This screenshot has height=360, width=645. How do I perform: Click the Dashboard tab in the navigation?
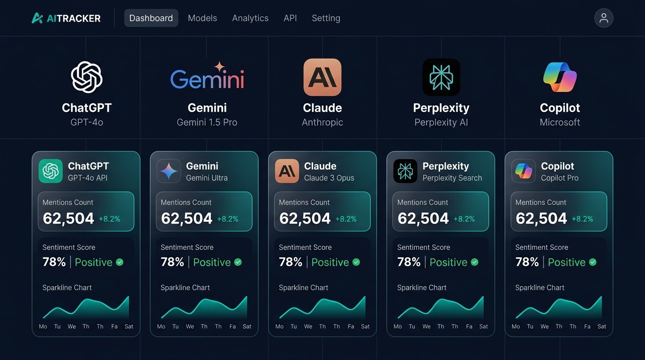(x=151, y=18)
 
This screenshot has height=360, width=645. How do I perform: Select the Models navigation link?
(x=202, y=18)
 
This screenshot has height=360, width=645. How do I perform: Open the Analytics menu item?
(x=250, y=18)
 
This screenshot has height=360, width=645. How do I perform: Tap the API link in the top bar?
(x=290, y=18)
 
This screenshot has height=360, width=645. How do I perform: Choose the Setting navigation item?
(x=326, y=18)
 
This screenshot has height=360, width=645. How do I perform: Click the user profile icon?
(x=604, y=18)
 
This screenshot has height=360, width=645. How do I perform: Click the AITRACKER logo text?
(x=74, y=19)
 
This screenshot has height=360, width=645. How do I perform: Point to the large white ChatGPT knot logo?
(x=87, y=77)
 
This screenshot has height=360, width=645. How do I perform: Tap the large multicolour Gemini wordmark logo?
(x=207, y=78)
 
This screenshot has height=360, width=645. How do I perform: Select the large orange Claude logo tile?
(x=322, y=77)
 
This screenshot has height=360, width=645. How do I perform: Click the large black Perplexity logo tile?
(x=441, y=77)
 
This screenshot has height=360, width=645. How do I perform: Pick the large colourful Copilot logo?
(x=560, y=77)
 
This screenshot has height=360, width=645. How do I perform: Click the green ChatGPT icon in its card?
(x=51, y=171)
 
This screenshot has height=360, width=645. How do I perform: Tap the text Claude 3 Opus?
(x=329, y=178)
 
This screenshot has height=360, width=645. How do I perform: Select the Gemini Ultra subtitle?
(x=207, y=178)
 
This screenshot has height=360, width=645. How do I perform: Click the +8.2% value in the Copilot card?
(x=582, y=219)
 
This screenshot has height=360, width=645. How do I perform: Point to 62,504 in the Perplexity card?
(x=423, y=218)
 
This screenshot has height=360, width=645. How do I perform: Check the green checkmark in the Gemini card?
(x=238, y=262)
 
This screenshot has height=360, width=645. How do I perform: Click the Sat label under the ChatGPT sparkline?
(x=129, y=326)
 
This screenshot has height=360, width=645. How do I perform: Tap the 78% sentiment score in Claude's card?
(x=291, y=262)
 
